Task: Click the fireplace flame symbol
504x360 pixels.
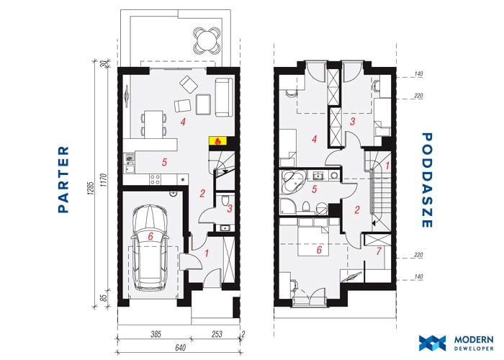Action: (218, 141)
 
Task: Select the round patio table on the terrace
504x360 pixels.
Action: (207, 40)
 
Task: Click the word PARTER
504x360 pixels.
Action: (63, 179)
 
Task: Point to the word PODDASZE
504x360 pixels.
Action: (426, 180)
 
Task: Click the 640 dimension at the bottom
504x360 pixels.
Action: (181, 348)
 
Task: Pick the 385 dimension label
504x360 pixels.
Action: (156, 334)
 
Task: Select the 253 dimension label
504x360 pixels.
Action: (217, 334)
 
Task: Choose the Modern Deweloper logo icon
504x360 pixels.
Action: (432, 343)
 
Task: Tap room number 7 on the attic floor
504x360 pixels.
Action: (378, 251)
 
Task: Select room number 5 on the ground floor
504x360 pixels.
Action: (164, 162)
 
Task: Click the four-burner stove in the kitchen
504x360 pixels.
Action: (155, 180)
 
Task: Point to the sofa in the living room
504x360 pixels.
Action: (223, 96)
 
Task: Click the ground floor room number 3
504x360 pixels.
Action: (230, 209)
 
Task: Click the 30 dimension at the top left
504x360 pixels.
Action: (103, 63)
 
